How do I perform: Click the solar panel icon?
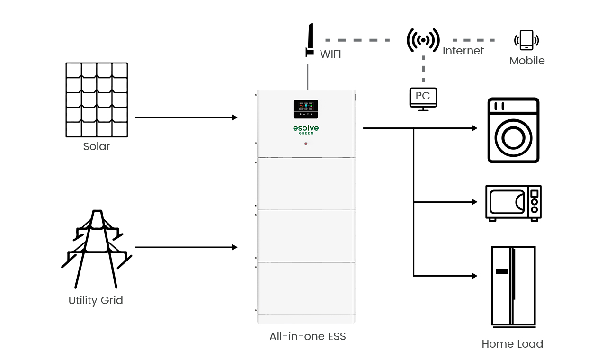click(97, 99)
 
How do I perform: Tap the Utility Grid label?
click(96, 300)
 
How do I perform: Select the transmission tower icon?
click(97, 249)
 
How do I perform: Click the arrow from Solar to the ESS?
click(186, 117)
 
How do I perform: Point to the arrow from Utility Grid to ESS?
click(186, 247)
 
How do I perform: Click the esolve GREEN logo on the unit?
click(306, 129)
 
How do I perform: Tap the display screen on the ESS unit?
click(306, 109)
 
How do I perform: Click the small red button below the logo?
click(306, 144)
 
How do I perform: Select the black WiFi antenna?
click(310, 40)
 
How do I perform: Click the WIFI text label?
click(330, 54)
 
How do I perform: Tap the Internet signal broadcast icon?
click(423, 40)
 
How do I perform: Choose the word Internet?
click(463, 51)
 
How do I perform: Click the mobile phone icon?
click(526, 40)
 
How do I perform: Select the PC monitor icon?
click(423, 99)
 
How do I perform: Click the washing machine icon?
click(514, 130)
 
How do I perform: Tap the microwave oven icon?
click(513, 203)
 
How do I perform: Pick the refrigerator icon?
click(513, 287)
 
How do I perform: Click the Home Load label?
click(512, 344)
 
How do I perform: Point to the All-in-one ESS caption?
click(308, 336)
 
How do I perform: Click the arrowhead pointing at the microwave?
click(474, 202)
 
